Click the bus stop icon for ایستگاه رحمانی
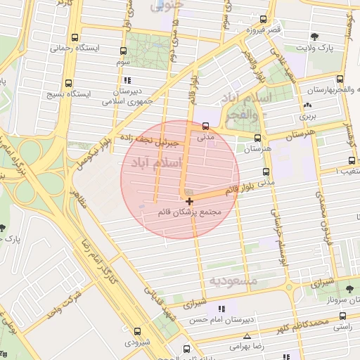tap(75, 38)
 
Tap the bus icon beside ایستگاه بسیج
tap(68, 81)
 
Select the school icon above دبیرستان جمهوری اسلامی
tap(127, 80)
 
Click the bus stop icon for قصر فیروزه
tap(264, 20)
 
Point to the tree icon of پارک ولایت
tap(314, 37)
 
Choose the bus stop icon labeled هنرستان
tap(257, 139)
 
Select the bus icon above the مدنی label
tap(205, 127)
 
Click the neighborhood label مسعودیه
tap(234, 281)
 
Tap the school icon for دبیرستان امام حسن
tap(222, 309)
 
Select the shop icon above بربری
tap(306, 106)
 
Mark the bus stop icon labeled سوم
tap(123, 51)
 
